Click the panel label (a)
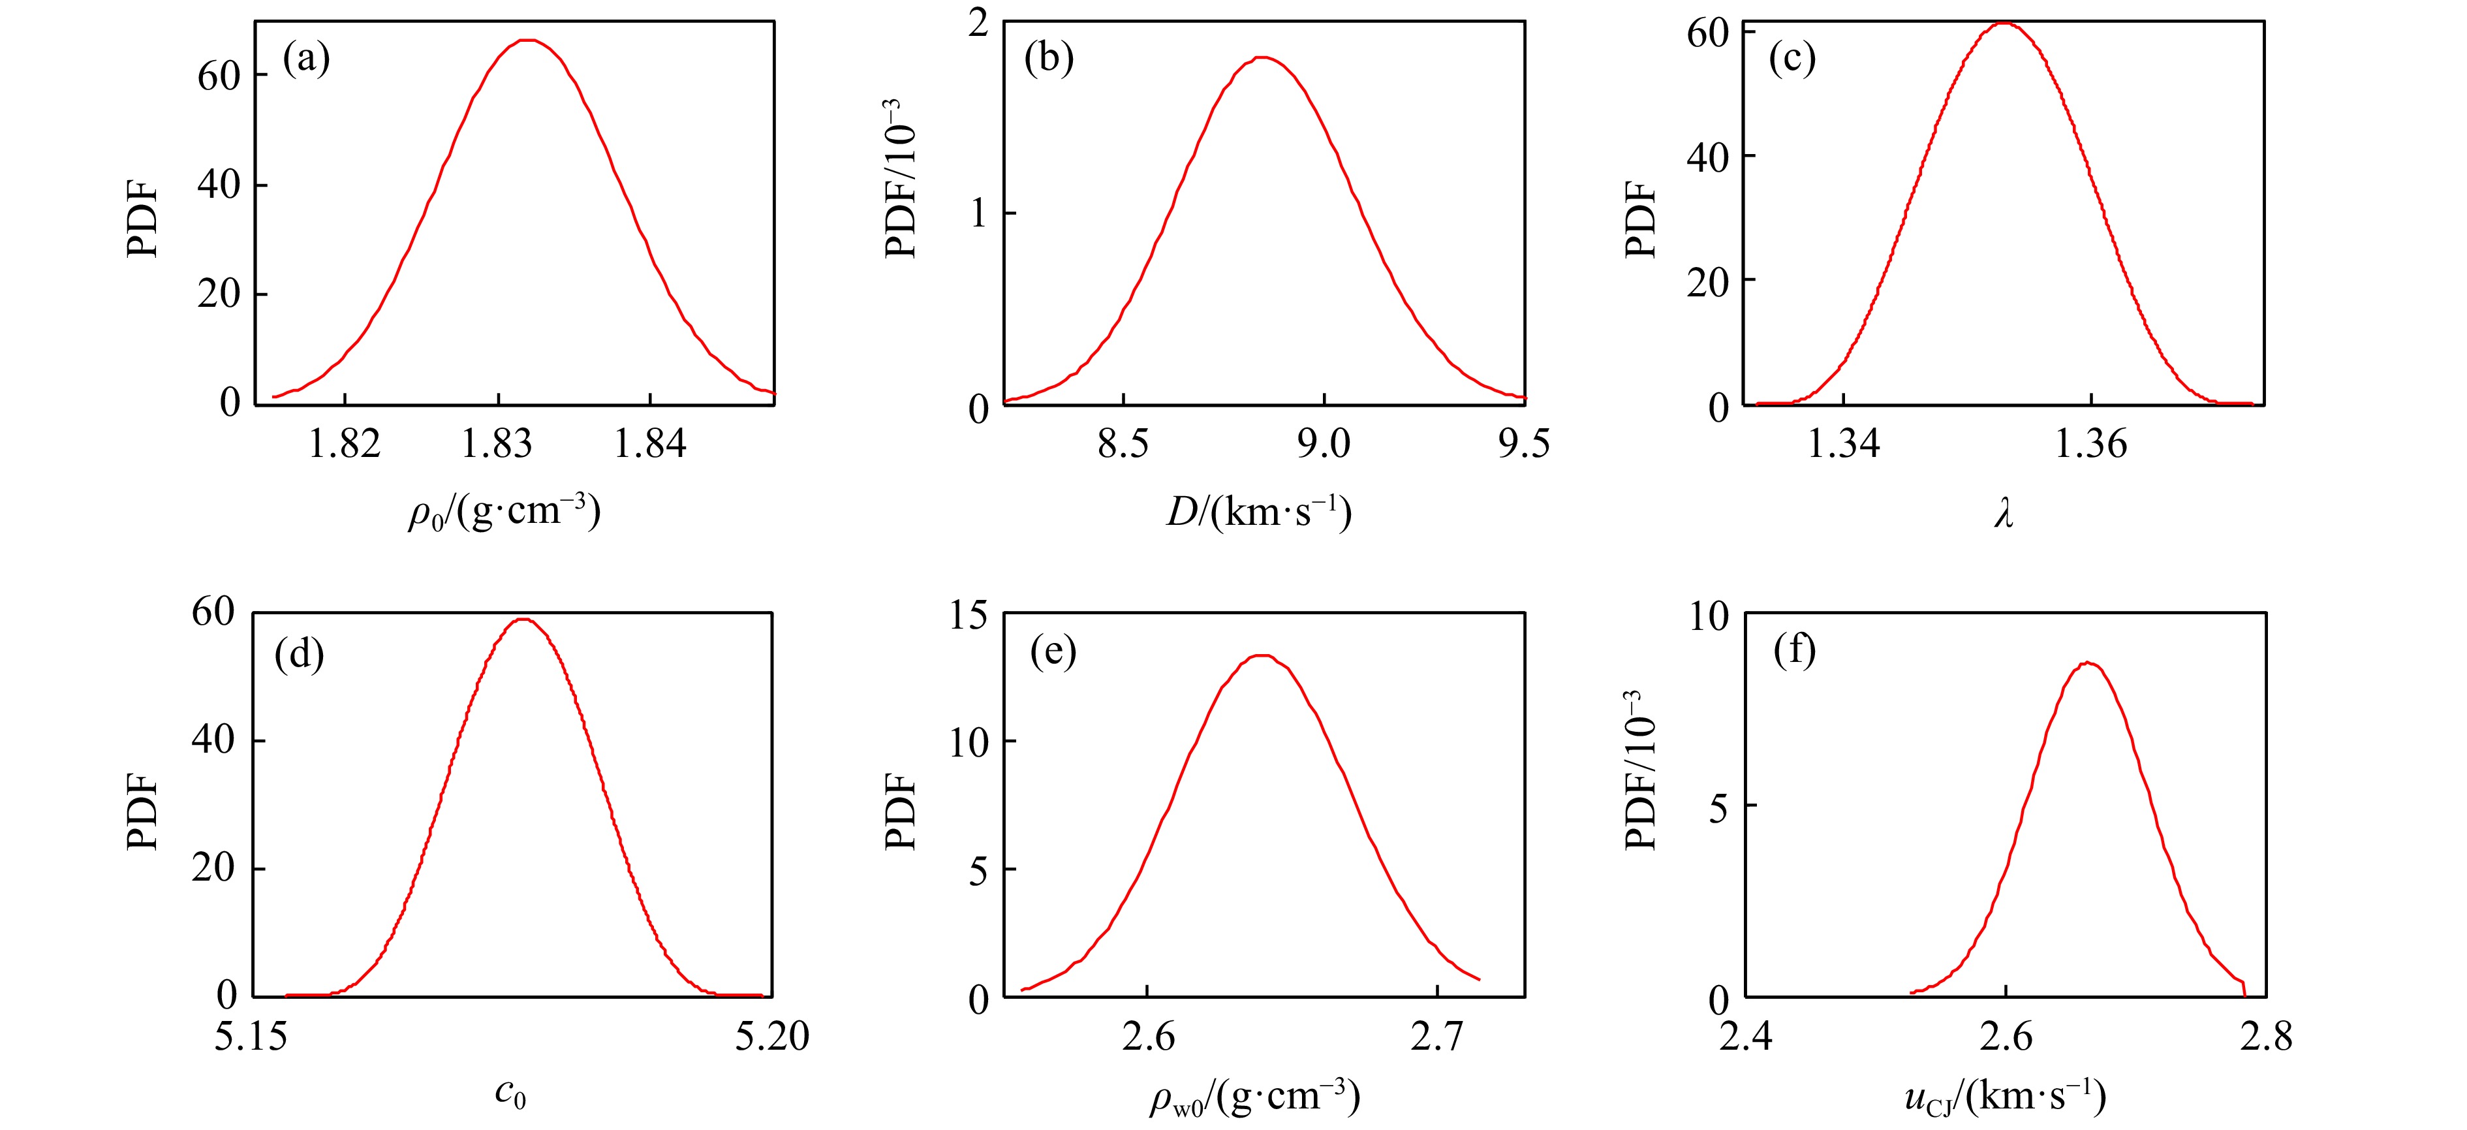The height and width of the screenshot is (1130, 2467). click(307, 59)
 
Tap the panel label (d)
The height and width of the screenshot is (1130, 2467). click(299, 654)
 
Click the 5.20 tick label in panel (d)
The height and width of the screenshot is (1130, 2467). click(772, 1036)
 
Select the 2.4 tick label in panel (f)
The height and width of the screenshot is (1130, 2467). click(1745, 1036)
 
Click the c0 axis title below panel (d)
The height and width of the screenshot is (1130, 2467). click(510, 1093)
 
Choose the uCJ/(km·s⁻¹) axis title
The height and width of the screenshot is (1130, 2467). click(2006, 1095)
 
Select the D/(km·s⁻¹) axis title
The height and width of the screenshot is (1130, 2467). click(1258, 512)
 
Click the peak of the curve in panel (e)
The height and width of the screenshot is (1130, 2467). click(1262, 656)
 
